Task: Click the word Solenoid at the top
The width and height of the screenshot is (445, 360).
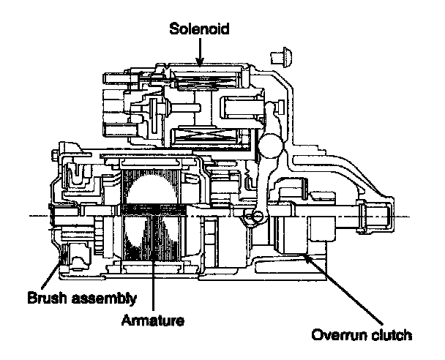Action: point(199,29)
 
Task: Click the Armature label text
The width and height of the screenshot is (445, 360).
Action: point(153,320)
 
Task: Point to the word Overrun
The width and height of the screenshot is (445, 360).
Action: point(339,335)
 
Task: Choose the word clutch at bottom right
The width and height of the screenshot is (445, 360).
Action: point(392,334)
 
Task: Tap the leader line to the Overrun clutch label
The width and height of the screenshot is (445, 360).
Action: point(343,289)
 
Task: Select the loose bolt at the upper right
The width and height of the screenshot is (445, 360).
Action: point(281,57)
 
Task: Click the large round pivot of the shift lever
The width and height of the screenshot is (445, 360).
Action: point(271,146)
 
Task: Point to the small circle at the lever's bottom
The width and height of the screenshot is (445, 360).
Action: point(258,217)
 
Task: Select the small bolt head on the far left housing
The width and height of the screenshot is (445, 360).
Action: point(56,155)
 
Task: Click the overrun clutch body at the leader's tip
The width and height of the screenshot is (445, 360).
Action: point(292,235)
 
